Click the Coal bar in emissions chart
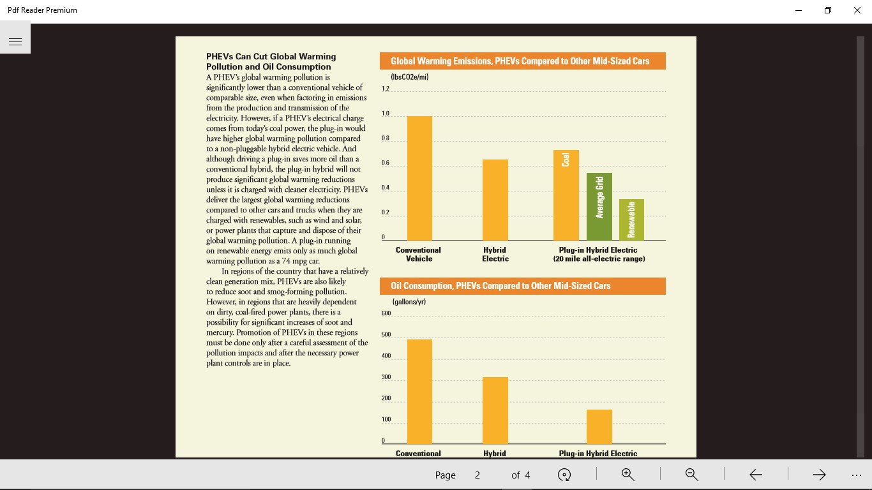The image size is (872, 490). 566,195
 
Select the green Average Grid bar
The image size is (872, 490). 599,207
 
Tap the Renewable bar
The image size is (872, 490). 631,219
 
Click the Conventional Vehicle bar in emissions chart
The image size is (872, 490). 419,178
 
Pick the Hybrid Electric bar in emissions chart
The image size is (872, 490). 495,200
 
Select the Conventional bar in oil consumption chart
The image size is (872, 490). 419,391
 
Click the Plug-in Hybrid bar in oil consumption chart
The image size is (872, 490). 599,427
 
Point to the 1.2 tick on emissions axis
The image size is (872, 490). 386,89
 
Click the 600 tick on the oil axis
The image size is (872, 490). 386,313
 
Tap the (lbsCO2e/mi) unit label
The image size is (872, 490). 409,77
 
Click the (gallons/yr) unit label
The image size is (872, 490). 409,302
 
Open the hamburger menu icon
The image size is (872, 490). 15,41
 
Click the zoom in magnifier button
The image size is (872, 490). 628,474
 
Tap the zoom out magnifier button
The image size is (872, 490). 691,474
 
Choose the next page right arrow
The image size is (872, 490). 819,474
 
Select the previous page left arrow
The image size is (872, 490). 756,474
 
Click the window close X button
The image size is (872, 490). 857,10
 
